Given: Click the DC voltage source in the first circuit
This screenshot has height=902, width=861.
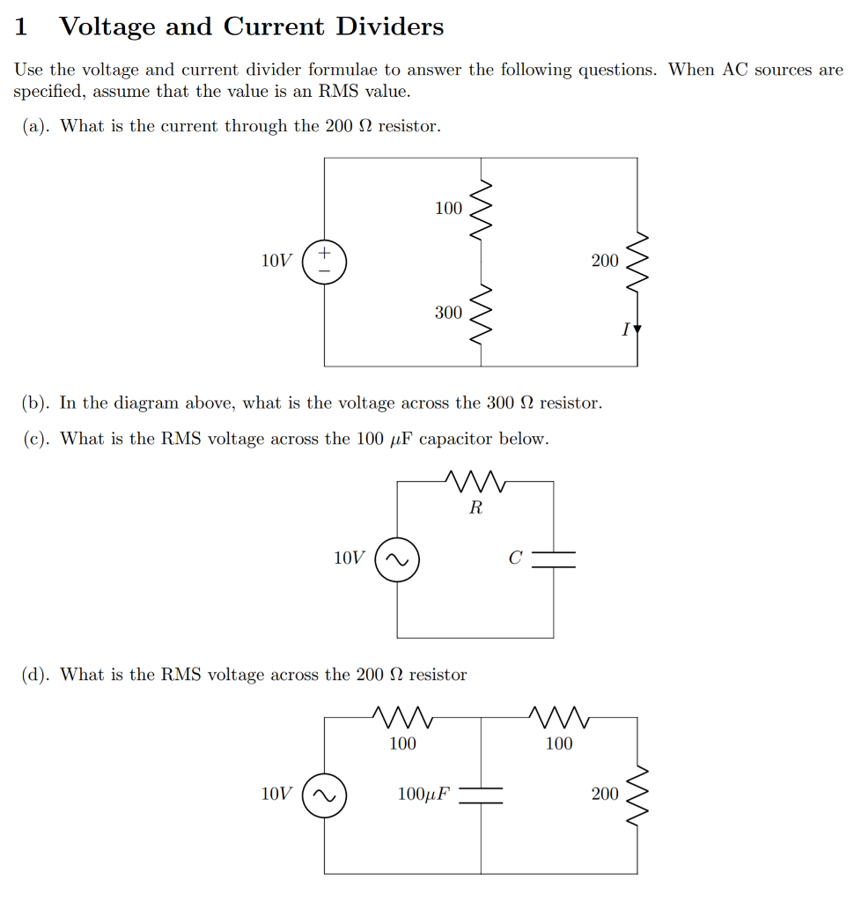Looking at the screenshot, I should (x=324, y=262).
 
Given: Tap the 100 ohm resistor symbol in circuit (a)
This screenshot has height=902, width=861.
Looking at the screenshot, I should (x=481, y=209).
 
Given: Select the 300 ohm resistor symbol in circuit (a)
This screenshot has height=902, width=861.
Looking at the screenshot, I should (x=481, y=314).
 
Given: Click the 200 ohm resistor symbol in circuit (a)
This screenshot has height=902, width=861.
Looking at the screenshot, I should (x=637, y=262).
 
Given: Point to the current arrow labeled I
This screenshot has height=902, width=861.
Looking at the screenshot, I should (x=637, y=330).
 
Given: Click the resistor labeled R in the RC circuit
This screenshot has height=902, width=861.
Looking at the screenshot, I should (x=475, y=482).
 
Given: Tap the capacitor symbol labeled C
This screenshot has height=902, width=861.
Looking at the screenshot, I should (x=554, y=559).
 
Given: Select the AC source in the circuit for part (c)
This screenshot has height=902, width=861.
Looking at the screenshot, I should (x=397, y=559).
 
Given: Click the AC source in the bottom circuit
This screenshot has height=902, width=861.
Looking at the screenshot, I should (x=324, y=795).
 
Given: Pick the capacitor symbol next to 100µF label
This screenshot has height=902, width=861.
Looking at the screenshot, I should (x=481, y=795).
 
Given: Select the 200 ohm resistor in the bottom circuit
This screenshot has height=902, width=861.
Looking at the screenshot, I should (x=637, y=795).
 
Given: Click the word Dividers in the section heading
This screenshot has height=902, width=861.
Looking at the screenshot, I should (x=389, y=26).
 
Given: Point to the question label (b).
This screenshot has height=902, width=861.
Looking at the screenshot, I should (x=36, y=403).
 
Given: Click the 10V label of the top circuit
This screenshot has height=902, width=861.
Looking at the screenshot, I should (x=276, y=261).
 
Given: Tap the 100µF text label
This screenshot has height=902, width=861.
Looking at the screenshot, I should (x=423, y=795).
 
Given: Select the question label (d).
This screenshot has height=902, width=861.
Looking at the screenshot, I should (x=36, y=675).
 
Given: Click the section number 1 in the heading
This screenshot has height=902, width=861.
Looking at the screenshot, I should (x=21, y=27).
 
